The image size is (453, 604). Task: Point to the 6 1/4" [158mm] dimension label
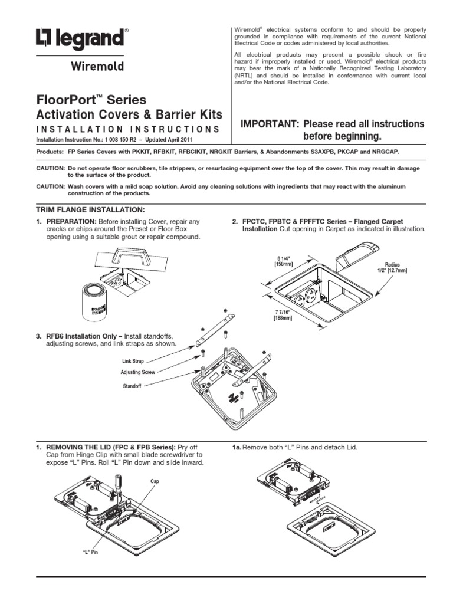[284, 261]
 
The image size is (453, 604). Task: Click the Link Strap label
[133, 360]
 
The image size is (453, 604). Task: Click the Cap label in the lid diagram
[155, 481]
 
